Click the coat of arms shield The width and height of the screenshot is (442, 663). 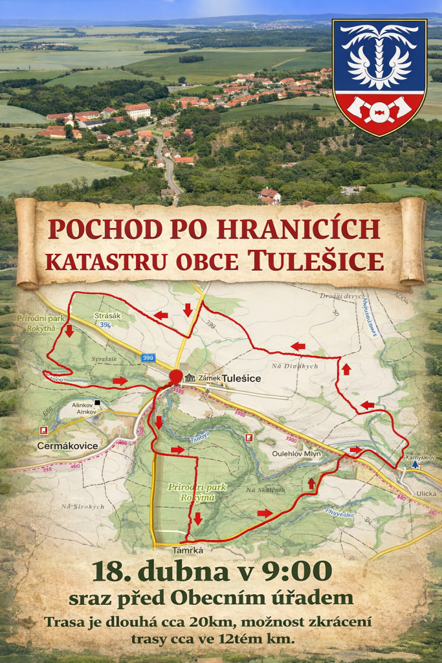tap(379, 76)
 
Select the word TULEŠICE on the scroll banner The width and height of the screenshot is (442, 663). tap(316, 260)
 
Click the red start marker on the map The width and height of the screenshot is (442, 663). tap(175, 377)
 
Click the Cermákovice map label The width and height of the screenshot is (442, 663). tap(67, 445)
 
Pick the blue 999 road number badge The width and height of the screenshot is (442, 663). tap(149, 357)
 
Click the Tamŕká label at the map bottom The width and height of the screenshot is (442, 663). tap(188, 550)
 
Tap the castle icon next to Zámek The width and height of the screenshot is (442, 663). tap(190, 377)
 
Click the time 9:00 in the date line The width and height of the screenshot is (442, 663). tap(298, 572)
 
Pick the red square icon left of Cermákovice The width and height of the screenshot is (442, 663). tap(43, 430)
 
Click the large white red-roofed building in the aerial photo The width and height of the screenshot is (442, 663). tap(137, 110)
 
